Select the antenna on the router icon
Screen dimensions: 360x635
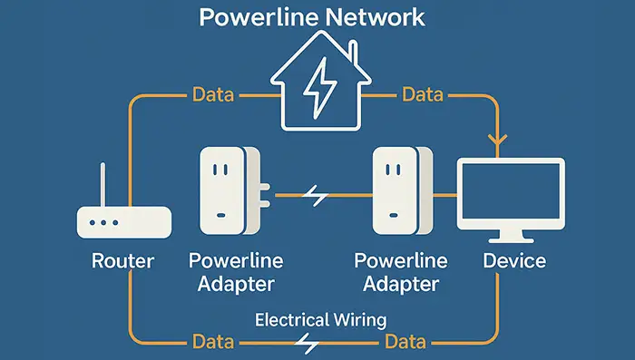point(102,185)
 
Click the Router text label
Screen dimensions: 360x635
point(123,261)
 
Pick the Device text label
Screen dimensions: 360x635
point(513,261)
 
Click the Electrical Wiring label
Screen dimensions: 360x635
point(321,319)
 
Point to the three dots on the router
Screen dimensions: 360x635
point(101,221)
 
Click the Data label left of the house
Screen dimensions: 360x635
point(213,94)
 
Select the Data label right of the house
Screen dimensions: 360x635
point(423,94)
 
